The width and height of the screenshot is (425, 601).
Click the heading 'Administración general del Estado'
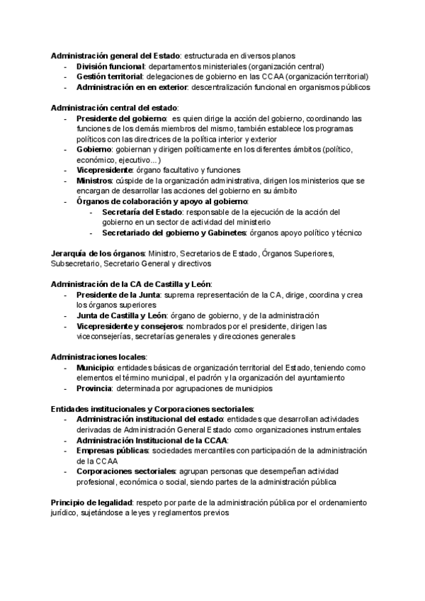click(x=115, y=55)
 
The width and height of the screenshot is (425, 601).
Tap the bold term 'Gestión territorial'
click(x=110, y=77)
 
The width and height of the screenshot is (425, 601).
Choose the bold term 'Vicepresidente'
click(x=104, y=170)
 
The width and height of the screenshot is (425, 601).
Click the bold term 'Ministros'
click(x=94, y=181)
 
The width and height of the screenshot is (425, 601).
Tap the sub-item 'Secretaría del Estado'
click(x=142, y=213)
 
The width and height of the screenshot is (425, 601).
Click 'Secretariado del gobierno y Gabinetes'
click(x=174, y=233)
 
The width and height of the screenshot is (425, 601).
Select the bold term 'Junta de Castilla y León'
click(x=121, y=315)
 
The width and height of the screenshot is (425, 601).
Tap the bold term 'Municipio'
click(x=95, y=368)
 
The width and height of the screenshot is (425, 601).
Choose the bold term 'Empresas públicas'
click(x=112, y=451)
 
